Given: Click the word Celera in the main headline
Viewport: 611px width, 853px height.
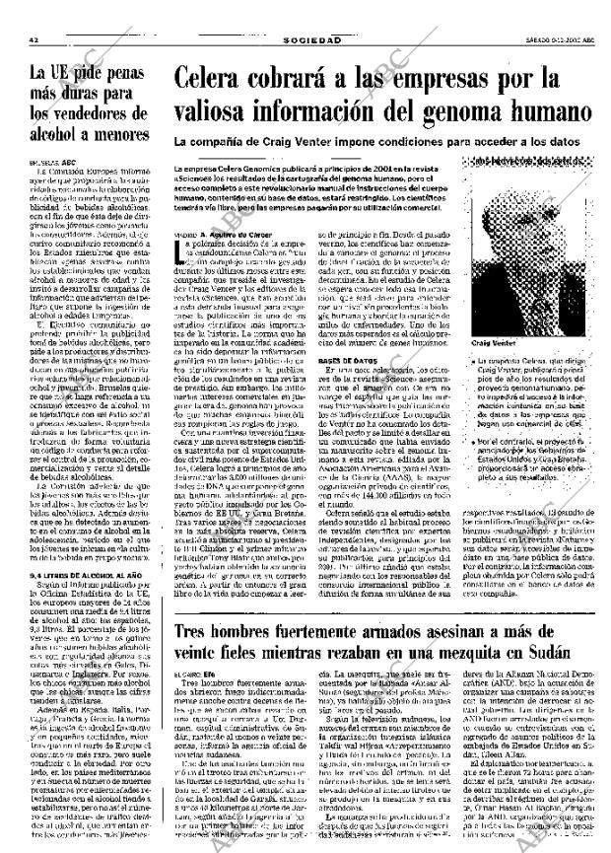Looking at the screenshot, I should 217,79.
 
